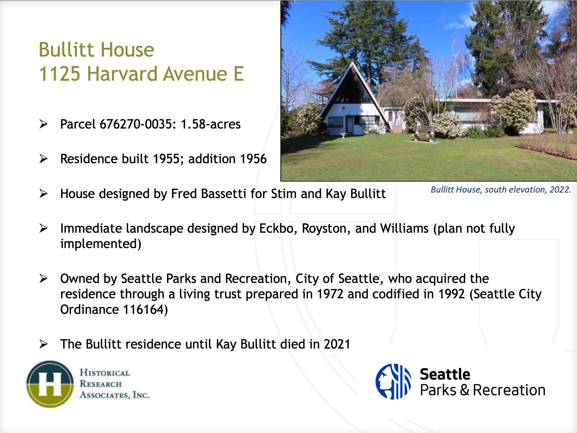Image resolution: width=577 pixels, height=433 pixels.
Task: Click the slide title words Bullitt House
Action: click(96, 50)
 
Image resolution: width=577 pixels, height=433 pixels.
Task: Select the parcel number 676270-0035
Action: click(136, 124)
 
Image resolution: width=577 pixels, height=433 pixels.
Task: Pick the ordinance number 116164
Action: click(144, 309)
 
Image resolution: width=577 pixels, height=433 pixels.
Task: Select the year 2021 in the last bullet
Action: click(337, 344)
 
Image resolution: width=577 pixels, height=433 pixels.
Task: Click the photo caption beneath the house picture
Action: click(501, 190)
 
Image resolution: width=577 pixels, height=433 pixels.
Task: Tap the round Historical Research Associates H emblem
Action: click(50, 384)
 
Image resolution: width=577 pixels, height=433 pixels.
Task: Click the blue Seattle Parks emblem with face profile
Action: click(393, 381)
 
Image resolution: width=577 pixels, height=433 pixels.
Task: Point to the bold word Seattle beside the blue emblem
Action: click(445, 374)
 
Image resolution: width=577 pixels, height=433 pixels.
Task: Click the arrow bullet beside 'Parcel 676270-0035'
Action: click(43, 124)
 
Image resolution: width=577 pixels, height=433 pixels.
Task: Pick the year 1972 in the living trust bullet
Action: click(330, 294)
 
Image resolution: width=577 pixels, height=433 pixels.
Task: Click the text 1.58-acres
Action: click(211, 124)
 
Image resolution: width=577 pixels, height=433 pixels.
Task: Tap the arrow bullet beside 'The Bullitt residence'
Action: click(43, 344)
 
